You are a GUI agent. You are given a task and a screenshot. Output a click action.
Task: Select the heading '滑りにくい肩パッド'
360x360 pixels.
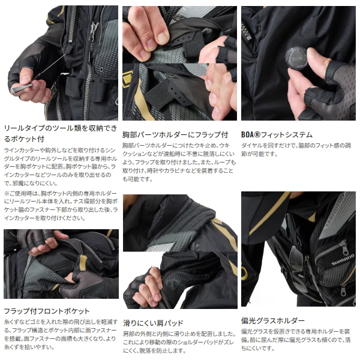[x=153, y=323]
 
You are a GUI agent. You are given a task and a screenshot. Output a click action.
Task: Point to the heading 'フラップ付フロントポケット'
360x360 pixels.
[x=47, y=311]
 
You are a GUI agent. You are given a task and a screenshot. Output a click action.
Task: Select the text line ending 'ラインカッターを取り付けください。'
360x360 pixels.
[x=43, y=218]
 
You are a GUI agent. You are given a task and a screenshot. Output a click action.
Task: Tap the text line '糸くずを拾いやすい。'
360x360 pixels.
[x=27, y=347]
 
